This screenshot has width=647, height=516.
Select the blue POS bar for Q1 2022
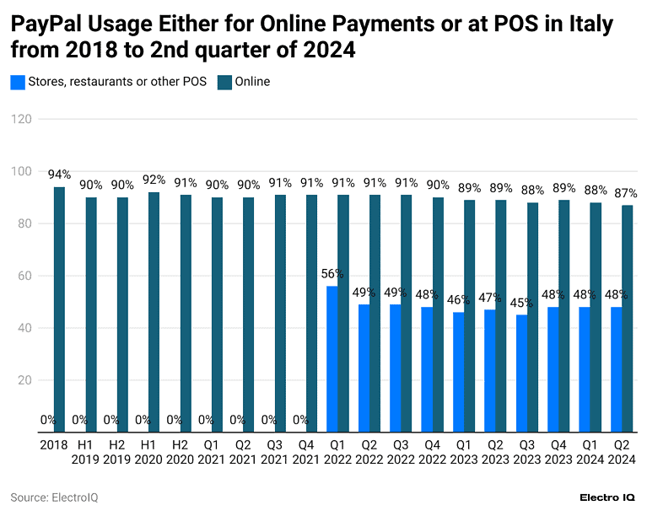click(x=332, y=359)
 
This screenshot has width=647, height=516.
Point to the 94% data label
click(x=59, y=175)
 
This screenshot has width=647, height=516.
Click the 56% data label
click(x=332, y=274)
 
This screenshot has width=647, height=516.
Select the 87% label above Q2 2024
click(x=626, y=193)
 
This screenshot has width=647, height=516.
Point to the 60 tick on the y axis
click(x=24, y=276)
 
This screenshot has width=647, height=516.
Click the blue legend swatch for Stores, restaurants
click(x=17, y=82)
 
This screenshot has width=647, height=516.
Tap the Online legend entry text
click(x=252, y=82)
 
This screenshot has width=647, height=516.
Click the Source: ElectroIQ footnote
click(x=54, y=497)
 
